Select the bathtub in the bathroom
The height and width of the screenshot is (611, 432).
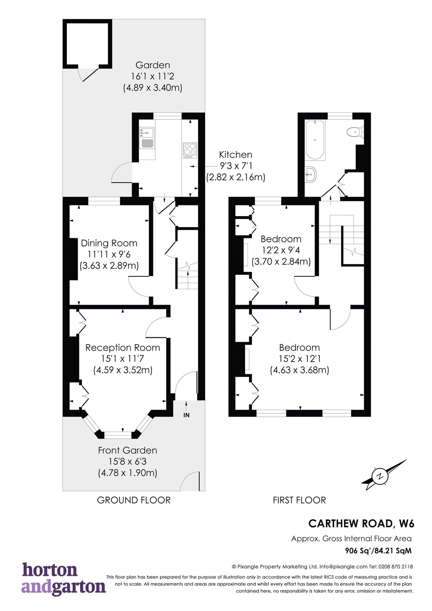(315, 140)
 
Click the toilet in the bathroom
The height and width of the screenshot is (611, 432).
(355, 132)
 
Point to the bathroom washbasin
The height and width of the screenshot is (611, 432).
(310, 174)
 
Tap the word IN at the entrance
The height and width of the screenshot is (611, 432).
(186, 415)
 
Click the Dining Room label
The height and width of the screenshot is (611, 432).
(109, 243)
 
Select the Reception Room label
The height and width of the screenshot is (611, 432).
(123, 348)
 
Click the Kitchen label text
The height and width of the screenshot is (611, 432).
(236, 155)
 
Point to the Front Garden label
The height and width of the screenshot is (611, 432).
(127, 450)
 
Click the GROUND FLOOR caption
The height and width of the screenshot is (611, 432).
(134, 500)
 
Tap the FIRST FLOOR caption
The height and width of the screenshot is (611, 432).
(300, 500)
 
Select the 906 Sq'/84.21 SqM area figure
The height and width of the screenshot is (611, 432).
(379, 551)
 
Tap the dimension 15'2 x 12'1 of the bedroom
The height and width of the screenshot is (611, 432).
(300, 359)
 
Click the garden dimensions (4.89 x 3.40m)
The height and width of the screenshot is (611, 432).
(153, 88)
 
